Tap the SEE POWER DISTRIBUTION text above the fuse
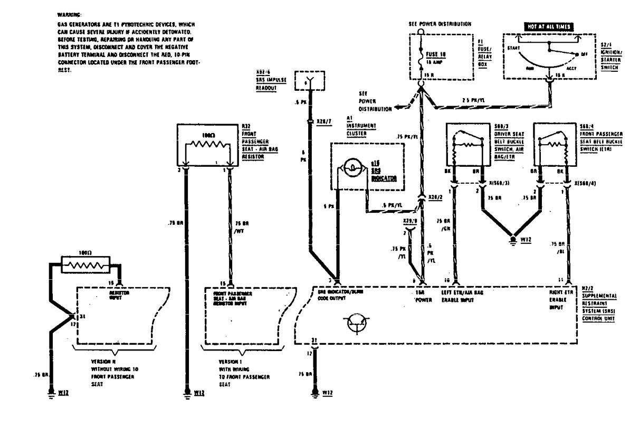(440, 24)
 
